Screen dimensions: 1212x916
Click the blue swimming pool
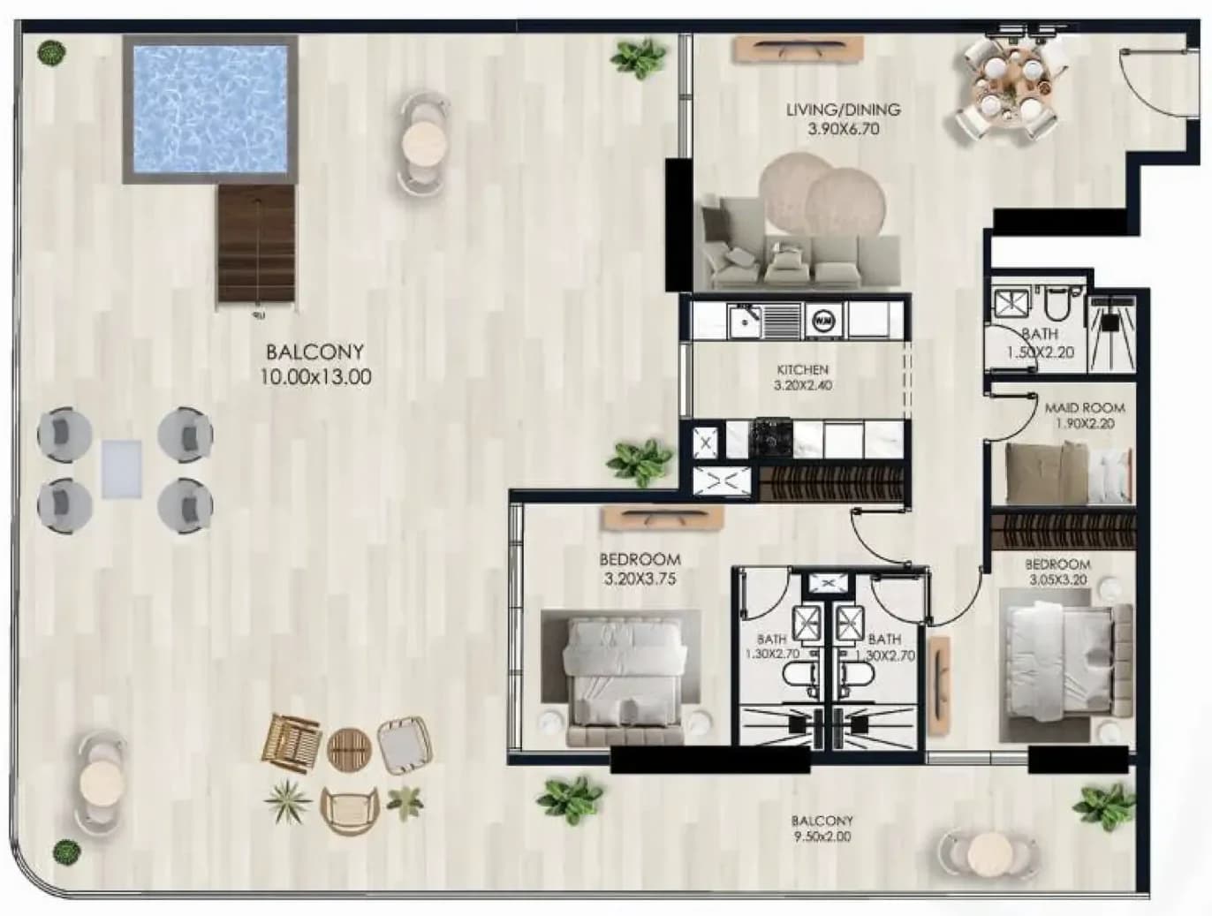tap(210, 110)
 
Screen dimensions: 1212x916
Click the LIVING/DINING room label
tap(843, 110)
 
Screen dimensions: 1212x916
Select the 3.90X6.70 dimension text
tap(843, 129)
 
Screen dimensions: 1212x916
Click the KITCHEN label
tap(803, 369)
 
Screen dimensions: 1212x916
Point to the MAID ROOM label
tap(1085, 407)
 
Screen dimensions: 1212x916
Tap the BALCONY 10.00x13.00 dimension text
tap(315, 376)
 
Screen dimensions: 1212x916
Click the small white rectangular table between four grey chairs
tap(122, 469)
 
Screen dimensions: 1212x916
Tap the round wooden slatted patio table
tap(348, 750)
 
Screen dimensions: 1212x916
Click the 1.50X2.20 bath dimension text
tap(1041, 352)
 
